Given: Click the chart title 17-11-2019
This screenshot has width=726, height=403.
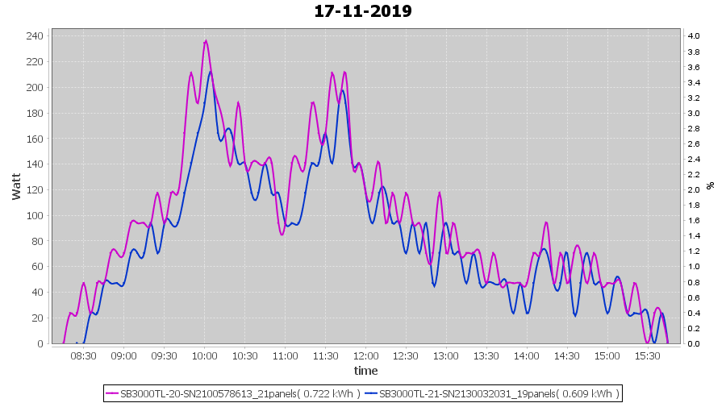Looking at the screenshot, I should (363, 11).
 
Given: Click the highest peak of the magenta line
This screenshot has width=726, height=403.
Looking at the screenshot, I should (206, 41).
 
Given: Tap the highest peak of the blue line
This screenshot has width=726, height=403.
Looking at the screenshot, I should (211, 72).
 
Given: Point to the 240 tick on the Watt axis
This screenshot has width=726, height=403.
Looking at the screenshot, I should (35, 35).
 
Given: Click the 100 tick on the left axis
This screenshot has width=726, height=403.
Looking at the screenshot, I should (35, 215).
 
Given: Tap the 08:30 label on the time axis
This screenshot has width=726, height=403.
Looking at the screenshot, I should (83, 355).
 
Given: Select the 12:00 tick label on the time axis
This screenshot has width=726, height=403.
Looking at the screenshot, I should (365, 355).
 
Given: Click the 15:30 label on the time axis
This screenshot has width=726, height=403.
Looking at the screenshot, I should (647, 355).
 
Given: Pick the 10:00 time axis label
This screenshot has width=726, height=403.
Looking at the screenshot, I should (204, 355).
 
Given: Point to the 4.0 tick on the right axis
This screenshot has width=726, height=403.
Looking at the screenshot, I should (693, 35).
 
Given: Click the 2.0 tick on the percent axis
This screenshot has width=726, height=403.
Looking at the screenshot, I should (693, 189).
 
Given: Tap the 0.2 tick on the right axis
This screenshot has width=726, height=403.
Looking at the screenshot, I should (693, 328).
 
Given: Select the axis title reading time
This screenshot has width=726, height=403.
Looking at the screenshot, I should (365, 371).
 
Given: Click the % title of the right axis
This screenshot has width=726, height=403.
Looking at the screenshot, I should (711, 185).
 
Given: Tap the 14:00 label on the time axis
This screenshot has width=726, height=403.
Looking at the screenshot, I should (526, 355).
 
